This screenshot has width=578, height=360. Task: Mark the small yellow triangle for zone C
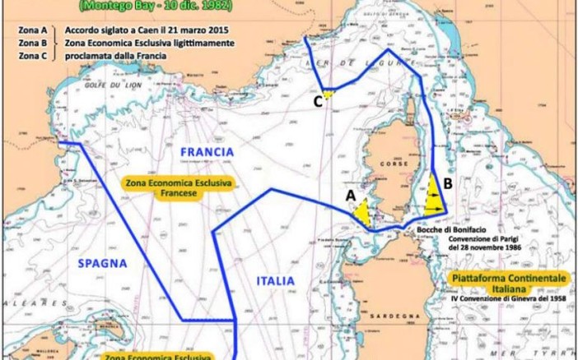328,95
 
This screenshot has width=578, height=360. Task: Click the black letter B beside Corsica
446,184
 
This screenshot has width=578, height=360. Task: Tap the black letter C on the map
317,102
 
